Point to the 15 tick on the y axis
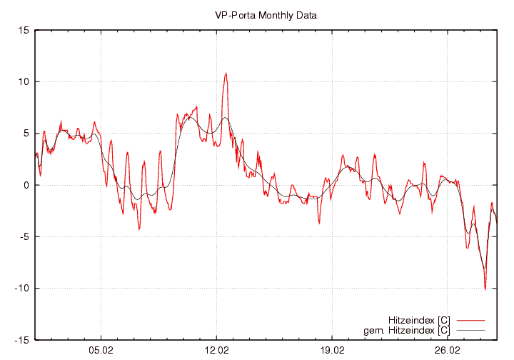click(24, 30)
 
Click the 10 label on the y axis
click(24, 81)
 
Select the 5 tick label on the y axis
click(26, 134)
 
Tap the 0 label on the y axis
click(26, 185)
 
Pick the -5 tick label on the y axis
click(24, 236)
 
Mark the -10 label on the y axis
click(21, 289)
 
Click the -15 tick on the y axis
click(21, 340)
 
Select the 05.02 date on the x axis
click(101, 351)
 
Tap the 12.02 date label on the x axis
click(216, 351)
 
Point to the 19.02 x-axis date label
click(332, 351)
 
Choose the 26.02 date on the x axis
click(448, 351)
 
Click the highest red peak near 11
click(226, 73)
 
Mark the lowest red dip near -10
click(485, 289)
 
